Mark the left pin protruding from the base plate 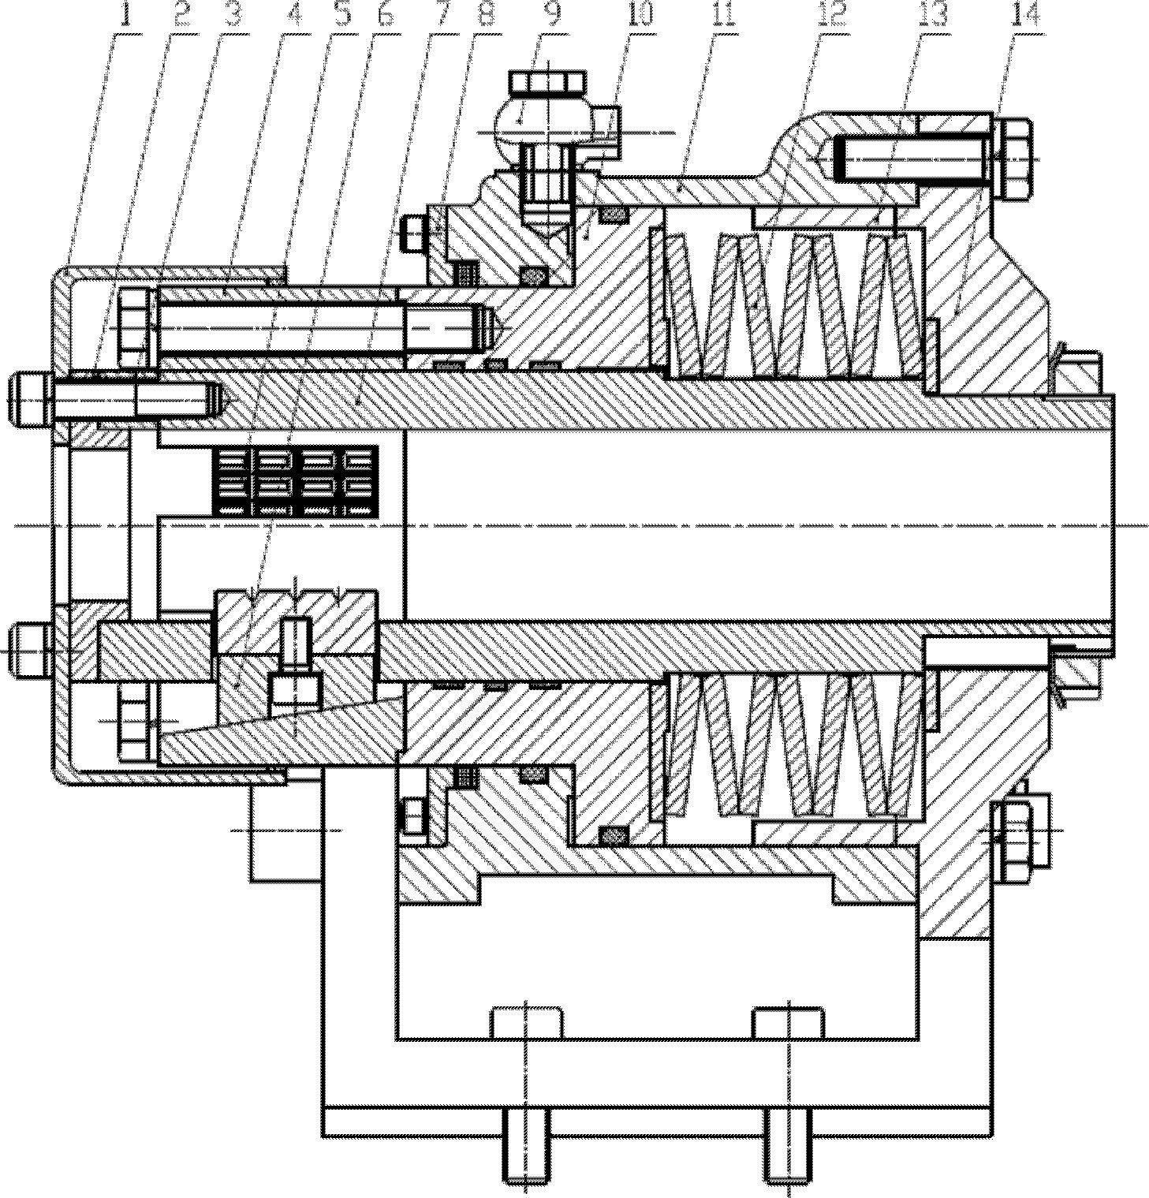(526, 1155)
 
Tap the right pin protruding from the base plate (786, 1155)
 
